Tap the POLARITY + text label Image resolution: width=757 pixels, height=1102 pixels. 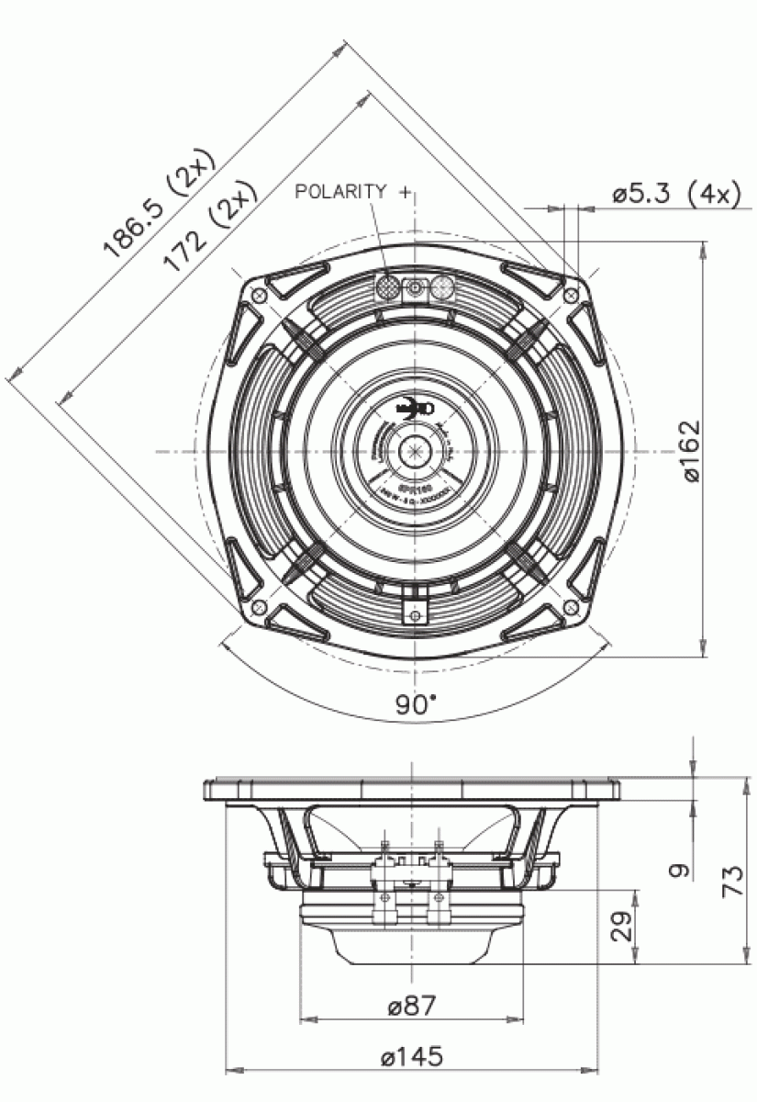tap(354, 191)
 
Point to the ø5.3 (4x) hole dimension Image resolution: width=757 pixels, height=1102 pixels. tap(674, 194)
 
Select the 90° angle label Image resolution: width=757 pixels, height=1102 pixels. tap(416, 704)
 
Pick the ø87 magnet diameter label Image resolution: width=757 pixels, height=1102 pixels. tap(412, 1006)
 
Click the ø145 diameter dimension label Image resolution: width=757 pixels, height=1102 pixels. tap(412, 1057)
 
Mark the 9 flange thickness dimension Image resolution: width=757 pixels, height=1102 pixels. tap(677, 870)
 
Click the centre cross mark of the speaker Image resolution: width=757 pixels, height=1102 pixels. tap(416, 451)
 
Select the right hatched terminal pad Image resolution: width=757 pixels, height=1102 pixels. tap(443, 287)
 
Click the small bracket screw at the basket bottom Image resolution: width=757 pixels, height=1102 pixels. tap(416, 613)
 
